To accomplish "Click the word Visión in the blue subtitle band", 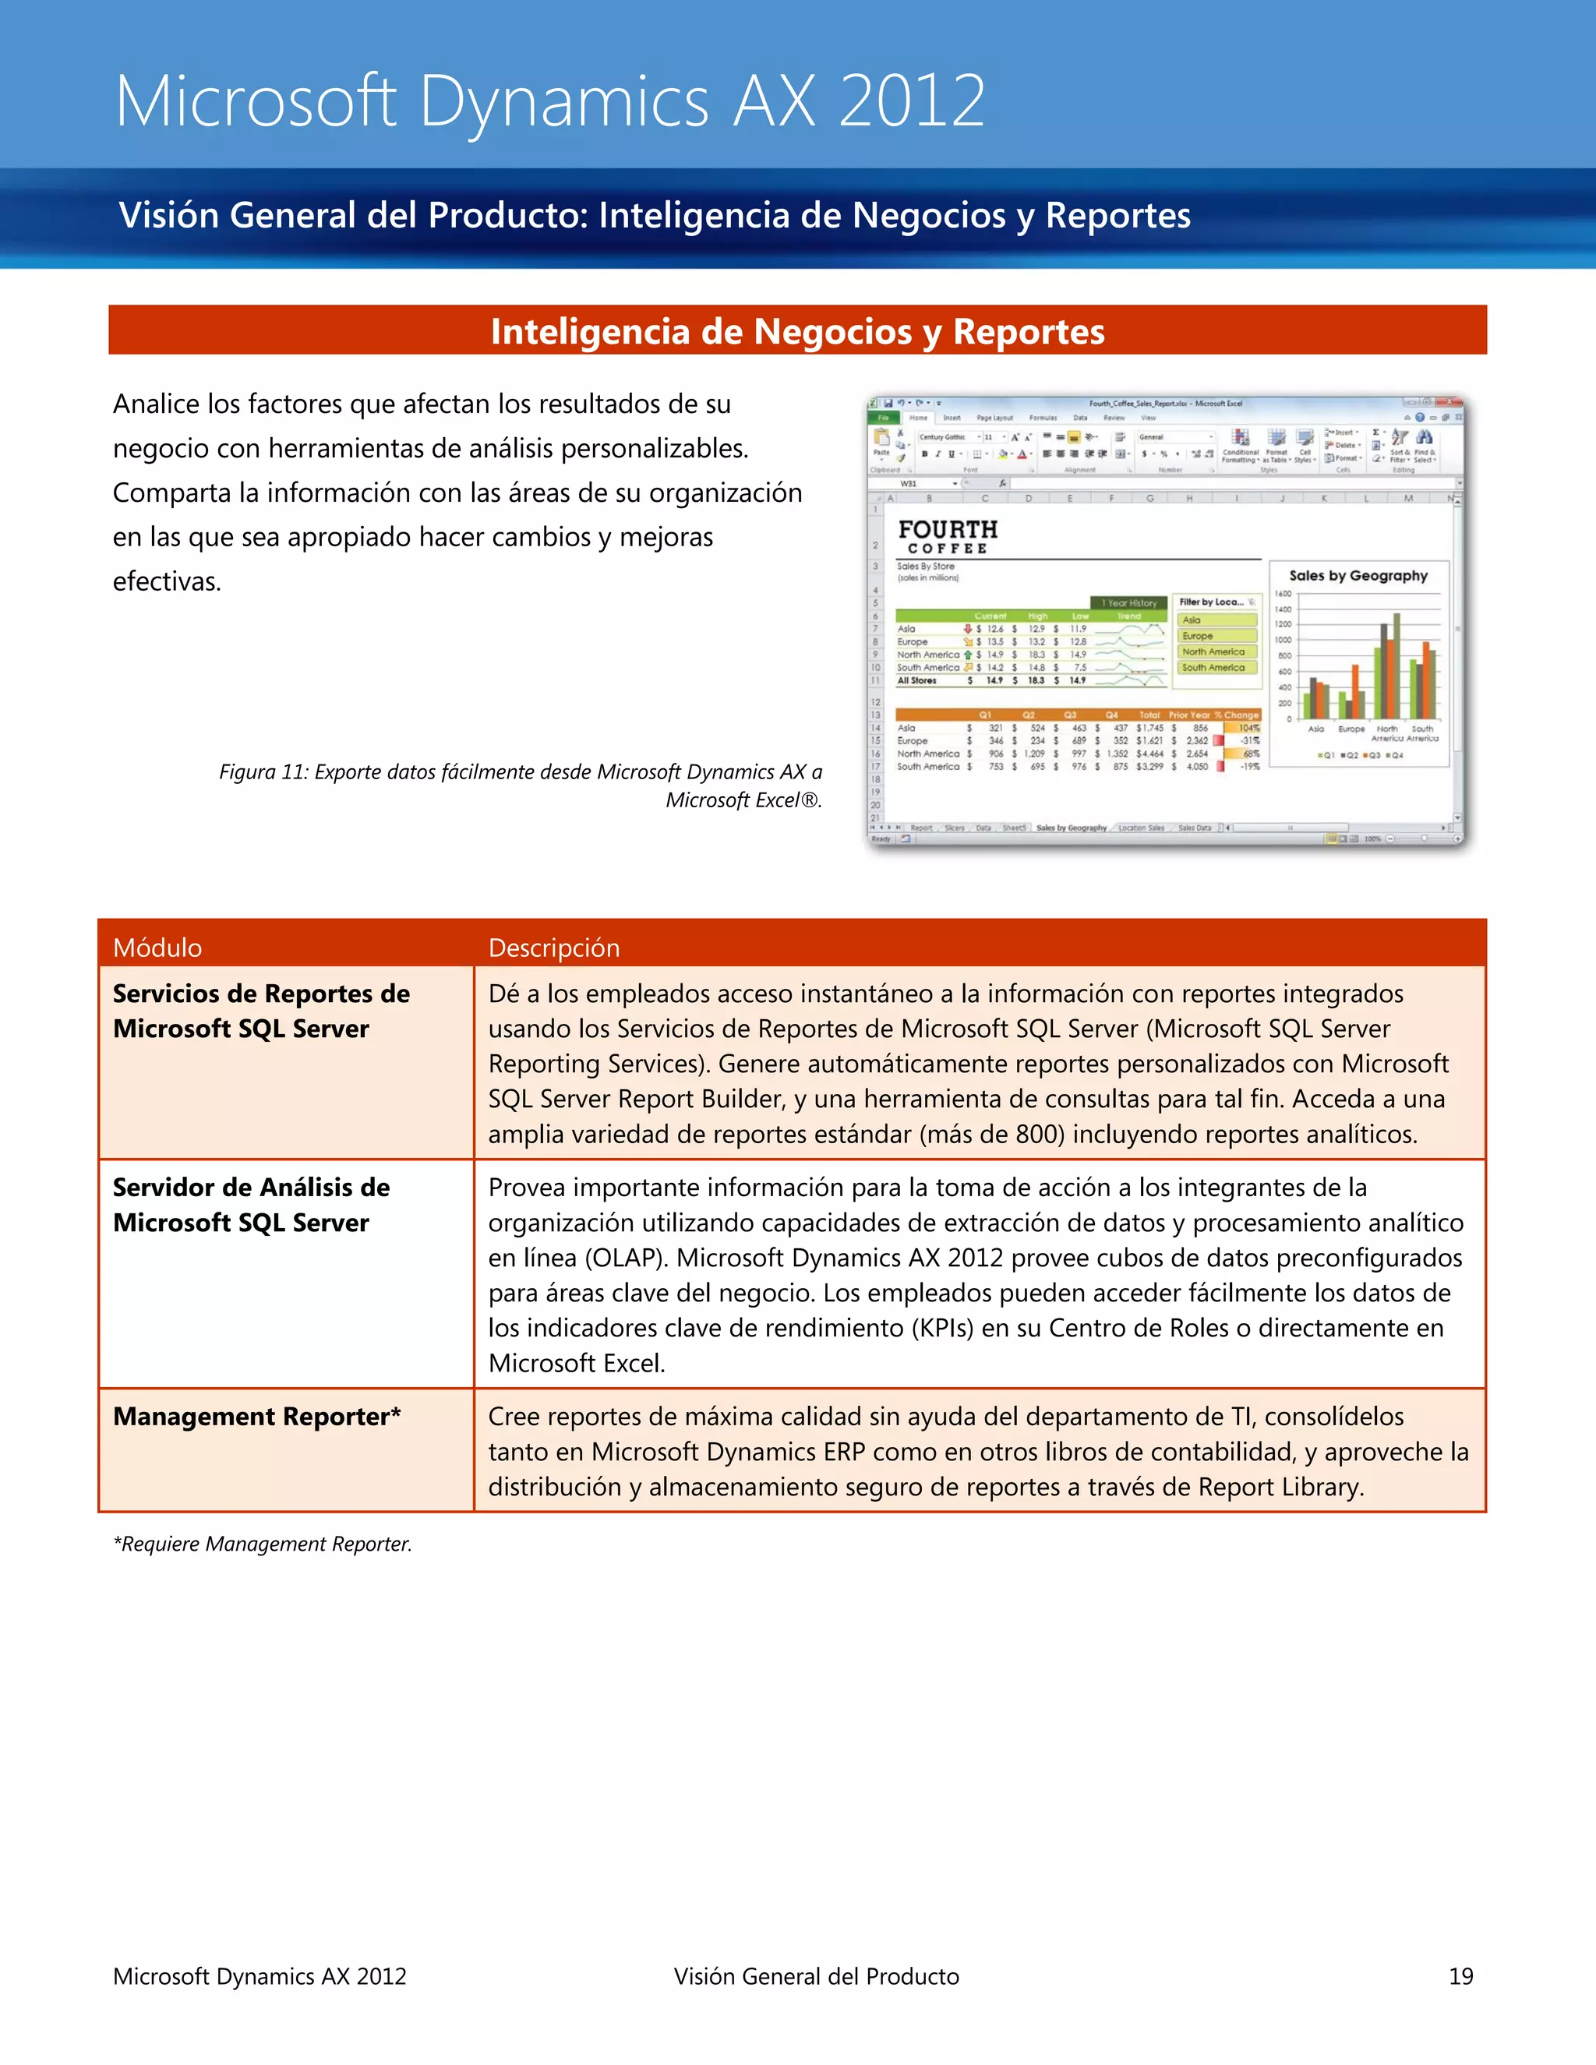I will [168, 216].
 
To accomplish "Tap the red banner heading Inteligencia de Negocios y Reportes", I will [797, 331].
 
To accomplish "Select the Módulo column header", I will [157, 948].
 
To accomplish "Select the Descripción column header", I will [553, 948].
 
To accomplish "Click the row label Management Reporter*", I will [256, 1417].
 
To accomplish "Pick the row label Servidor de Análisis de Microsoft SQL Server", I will [251, 1205].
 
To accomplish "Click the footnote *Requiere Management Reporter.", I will [262, 1544].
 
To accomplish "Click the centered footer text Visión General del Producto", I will [816, 1976].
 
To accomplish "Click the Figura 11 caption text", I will [520, 785].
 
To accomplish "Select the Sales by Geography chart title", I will [1358, 575].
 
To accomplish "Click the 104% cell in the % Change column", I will [1249, 728].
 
